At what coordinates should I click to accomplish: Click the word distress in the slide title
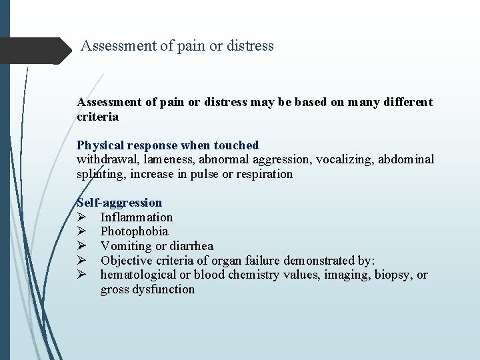[x=249, y=46]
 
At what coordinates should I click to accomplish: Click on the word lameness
[x=164, y=159]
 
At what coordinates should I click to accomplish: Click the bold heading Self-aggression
[x=120, y=203]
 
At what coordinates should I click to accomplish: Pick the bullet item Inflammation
[x=137, y=217]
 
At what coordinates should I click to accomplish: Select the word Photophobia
[x=134, y=232]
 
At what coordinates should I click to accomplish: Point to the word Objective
[x=125, y=261]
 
